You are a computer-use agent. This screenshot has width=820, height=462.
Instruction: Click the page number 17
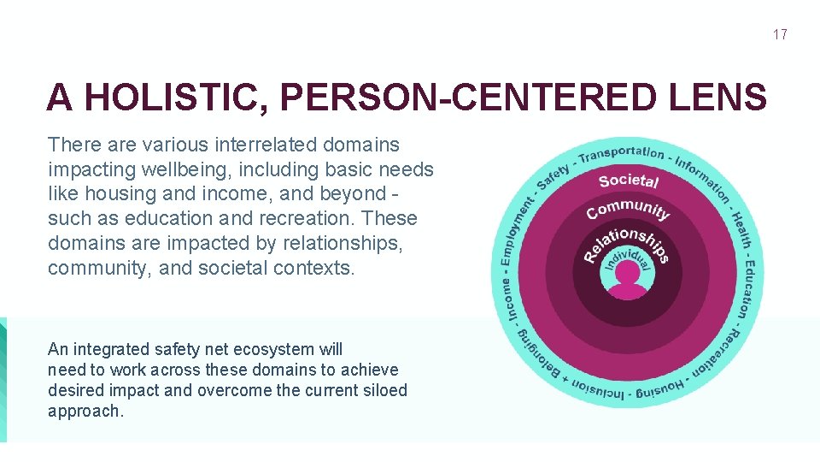780,35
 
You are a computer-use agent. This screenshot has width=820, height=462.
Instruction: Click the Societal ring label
629,181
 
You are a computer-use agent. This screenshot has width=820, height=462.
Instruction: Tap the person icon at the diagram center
628,281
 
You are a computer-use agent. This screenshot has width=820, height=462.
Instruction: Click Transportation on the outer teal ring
621,153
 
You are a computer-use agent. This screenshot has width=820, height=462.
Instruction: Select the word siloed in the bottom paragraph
385,390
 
